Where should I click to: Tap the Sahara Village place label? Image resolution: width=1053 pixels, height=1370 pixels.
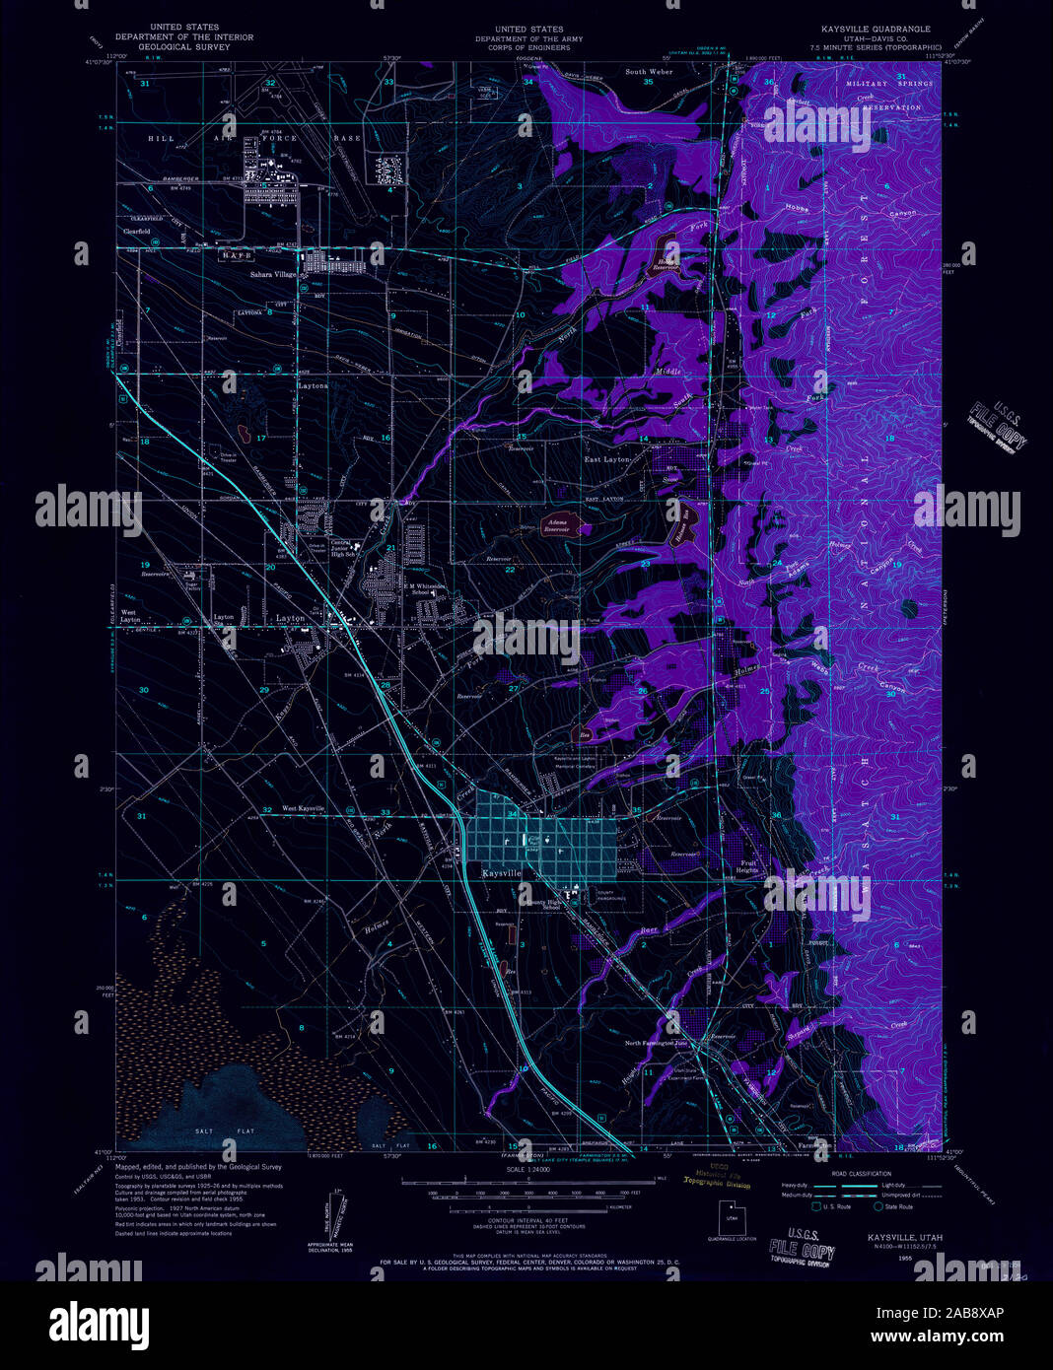(272, 275)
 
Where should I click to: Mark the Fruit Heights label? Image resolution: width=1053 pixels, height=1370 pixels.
(748, 866)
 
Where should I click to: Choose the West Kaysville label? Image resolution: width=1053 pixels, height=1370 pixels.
(304, 808)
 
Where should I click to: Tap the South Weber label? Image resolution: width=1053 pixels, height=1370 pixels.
(648, 72)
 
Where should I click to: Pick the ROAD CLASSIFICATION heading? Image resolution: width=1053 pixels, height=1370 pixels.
(861, 1173)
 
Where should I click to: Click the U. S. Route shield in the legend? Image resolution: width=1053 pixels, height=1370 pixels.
(815, 1206)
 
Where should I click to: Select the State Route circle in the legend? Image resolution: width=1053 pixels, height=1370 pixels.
(877, 1206)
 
